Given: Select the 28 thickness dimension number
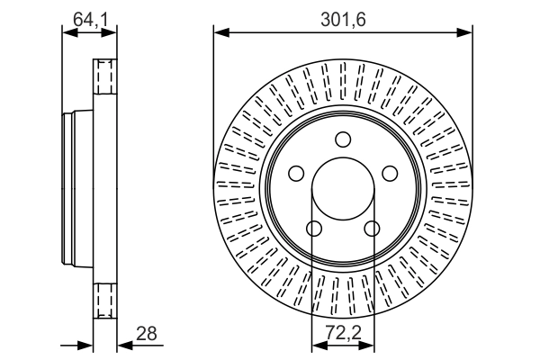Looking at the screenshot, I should [146, 333].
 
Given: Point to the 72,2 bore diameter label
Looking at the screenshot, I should [343, 334].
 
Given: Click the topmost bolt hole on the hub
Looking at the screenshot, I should [343, 139].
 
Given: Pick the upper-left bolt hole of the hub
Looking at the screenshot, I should [296, 174].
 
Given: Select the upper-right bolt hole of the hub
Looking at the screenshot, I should [390, 174].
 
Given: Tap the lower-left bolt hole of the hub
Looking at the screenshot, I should [314, 229].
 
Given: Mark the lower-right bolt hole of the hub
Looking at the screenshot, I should [372, 229].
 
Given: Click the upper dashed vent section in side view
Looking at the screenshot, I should [106, 76].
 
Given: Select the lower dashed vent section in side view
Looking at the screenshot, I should [106, 299].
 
